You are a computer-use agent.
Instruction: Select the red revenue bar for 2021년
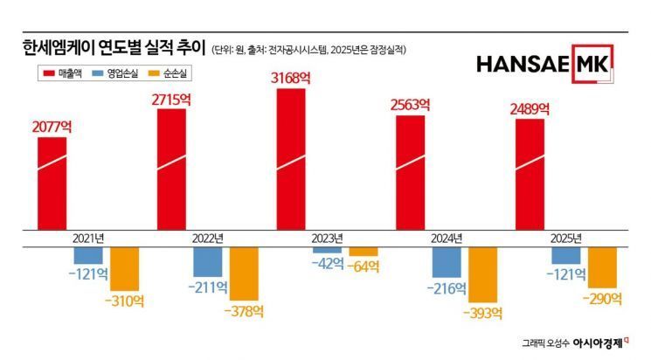coord(52,183)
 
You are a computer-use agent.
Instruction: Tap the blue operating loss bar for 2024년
coord(447,262)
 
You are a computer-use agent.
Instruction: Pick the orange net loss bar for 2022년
coord(244,273)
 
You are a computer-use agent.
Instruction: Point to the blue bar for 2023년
coord(327,250)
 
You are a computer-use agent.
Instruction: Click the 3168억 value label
coord(291,78)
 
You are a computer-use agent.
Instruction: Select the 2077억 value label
coord(52,127)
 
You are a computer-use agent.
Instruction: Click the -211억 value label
coord(206,286)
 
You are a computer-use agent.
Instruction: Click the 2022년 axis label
coord(206,238)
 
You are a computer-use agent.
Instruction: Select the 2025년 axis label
coord(564,238)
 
